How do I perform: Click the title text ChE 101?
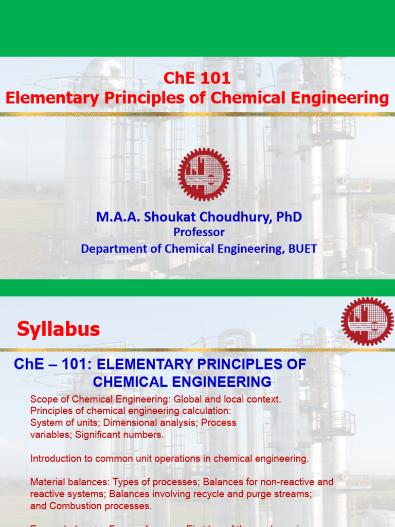197,79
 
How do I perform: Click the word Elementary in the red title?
45,98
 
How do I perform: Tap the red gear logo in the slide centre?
204,174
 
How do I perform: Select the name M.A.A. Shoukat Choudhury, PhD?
199,217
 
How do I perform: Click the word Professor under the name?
199,232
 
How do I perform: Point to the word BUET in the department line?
302,249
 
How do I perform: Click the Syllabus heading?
59,329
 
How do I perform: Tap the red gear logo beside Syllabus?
367,321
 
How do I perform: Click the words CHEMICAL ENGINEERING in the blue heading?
182,382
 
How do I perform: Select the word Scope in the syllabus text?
43,399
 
